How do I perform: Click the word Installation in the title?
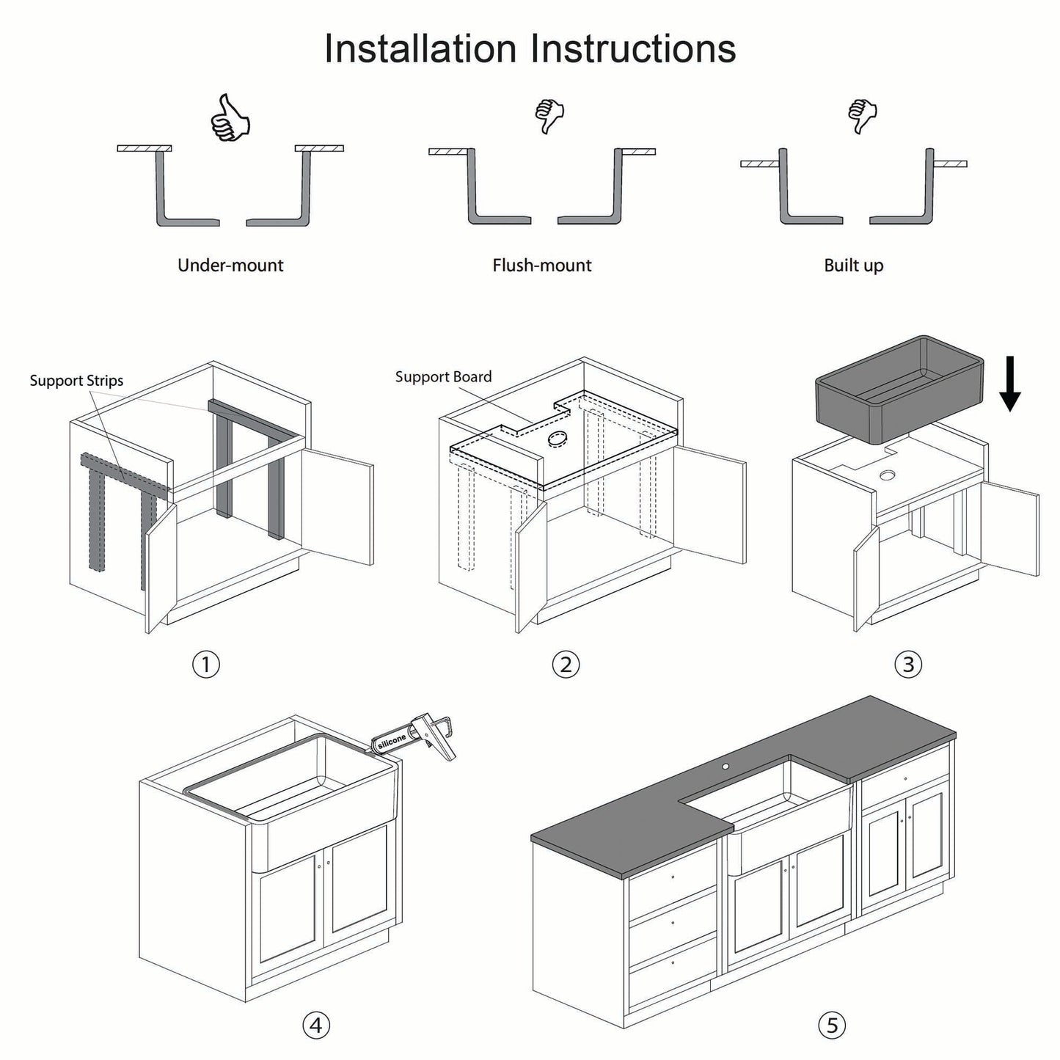click(420, 49)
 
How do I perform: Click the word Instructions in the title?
click(632, 49)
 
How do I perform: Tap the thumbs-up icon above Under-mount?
click(230, 118)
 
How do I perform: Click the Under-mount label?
click(230, 266)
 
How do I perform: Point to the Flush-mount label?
click(542, 266)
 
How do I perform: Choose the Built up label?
click(853, 266)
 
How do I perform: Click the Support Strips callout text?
click(76, 381)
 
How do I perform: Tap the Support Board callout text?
click(443, 377)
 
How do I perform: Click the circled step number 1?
click(206, 665)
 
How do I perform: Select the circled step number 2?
click(565, 665)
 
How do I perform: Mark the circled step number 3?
click(908, 665)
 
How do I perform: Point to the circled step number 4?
click(316, 1025)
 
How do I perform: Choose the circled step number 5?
click(831, 1025)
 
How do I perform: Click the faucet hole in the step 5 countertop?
click(725, 767)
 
